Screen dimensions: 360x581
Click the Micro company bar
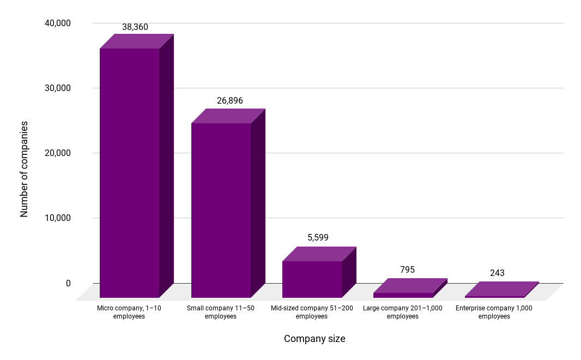click(x=129, y=172)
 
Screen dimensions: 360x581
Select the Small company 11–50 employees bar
click(x=221, y=210)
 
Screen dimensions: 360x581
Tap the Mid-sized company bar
click(x=312, y=279)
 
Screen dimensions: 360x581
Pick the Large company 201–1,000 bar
click(x=403, y=295)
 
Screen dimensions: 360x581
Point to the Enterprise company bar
click(x=495, y=296)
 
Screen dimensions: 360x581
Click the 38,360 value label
click(x=135, y=27)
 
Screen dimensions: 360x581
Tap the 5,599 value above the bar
click(x=318, y=237)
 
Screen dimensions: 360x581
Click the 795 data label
click(x=407, y=269)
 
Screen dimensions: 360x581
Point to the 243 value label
click(x=497, y=273)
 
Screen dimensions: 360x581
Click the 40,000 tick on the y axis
click(x=56, y=23)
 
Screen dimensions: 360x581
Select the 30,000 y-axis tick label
click(x=56, y=88)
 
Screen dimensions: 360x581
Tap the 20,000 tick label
click(x=56, y=153)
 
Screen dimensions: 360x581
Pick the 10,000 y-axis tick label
click(x=56, y=218)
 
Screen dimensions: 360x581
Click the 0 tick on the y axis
click(x=68, y=283)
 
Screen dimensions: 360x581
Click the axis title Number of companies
click(x=24, y=169)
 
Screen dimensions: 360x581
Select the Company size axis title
click(x=314, y=339)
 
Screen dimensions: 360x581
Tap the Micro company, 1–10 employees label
click(x=129, y=312)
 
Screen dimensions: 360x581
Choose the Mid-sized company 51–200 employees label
click(x=312, y=312)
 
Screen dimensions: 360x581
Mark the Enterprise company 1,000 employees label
click(x=494, y=312)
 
